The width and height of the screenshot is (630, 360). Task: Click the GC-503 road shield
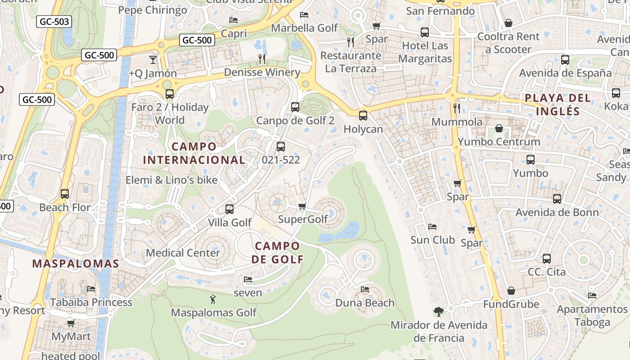click(x=54, y=21)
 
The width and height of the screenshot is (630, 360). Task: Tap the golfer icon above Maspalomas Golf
click(x=213, y=299)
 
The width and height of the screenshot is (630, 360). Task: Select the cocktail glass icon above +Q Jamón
click(x=153, y=59)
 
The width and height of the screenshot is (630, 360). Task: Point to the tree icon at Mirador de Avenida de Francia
click(x=438, y=311)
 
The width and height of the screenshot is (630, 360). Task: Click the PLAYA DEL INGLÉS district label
click(x=551, y=104)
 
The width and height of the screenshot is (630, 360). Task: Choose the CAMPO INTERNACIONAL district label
click(x=194, y=153)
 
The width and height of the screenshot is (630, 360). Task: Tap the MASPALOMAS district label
click(x=76, y=264)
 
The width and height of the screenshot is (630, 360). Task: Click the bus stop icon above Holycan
click(x=363, y=116)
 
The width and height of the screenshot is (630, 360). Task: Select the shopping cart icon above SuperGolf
click(x=302, y=206)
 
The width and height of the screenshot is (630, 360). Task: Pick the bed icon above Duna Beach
click(x=365, y=289)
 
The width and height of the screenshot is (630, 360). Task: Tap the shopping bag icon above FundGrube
click(x=511, y=291)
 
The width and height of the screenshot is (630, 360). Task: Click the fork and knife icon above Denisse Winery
click(x=262, y=58)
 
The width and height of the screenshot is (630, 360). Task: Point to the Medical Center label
click(x=183, y=252)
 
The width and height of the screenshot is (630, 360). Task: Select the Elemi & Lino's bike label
click(x=171, y=180)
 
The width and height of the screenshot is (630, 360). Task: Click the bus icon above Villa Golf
click(x=229, y=209)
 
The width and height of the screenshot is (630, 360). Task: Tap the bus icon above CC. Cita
click(x=547, y=258)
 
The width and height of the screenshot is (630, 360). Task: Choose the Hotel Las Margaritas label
click(x=425, y=52)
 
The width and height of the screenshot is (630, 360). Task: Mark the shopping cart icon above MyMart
click(x=71, y=323)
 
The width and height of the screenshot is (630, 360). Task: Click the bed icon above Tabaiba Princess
click(x=91, y=288)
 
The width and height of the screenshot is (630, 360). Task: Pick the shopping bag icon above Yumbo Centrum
click(x=499, y=129)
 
